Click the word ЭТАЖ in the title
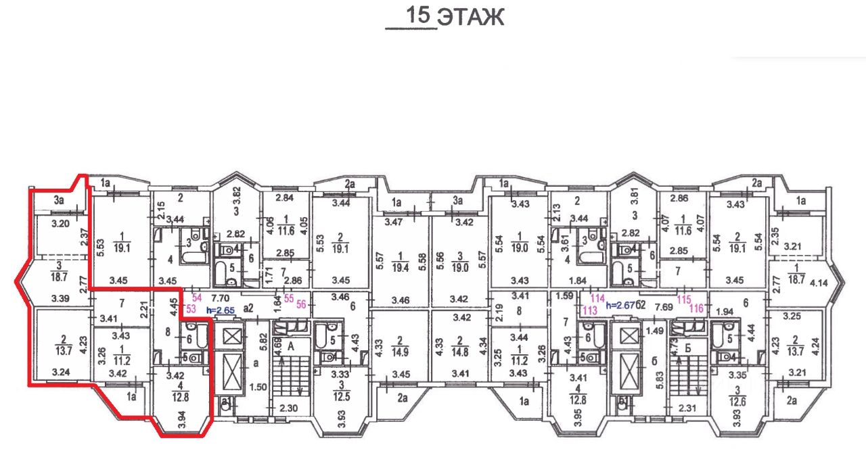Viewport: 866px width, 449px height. [x=470, y=18]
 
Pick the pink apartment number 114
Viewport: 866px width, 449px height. [x=597, y=298]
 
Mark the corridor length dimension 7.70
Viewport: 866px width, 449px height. [x=223, y=297]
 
